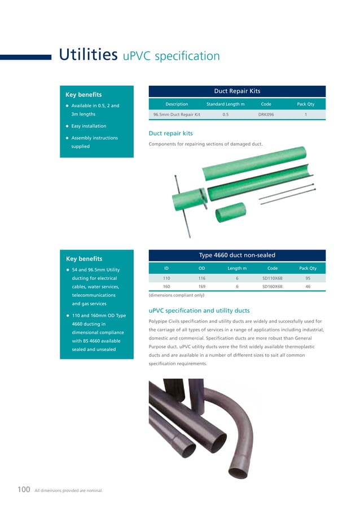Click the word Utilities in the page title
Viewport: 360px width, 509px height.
pos(87,55)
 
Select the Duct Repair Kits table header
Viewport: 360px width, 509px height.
pos(236,91)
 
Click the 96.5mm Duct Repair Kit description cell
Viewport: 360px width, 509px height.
pos(177,114)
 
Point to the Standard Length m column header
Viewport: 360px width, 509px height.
pos(225,104)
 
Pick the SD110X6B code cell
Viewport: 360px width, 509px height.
pos(273,278)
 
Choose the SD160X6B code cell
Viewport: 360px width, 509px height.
pos(273,286)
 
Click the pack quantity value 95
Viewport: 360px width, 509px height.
pos(308,278)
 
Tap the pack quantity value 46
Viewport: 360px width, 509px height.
pos(308,286)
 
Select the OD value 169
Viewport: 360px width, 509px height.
pos(201,286)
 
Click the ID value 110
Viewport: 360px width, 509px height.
pos(166,278)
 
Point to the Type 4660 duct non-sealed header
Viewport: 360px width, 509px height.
pos(236,255)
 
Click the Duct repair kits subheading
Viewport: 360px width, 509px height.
pos(170,134)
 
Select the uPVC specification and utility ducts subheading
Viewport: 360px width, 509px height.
pos(199,310)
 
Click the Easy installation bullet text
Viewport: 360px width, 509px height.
pos(89,126)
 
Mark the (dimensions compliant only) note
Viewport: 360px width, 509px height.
pos(177,295)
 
